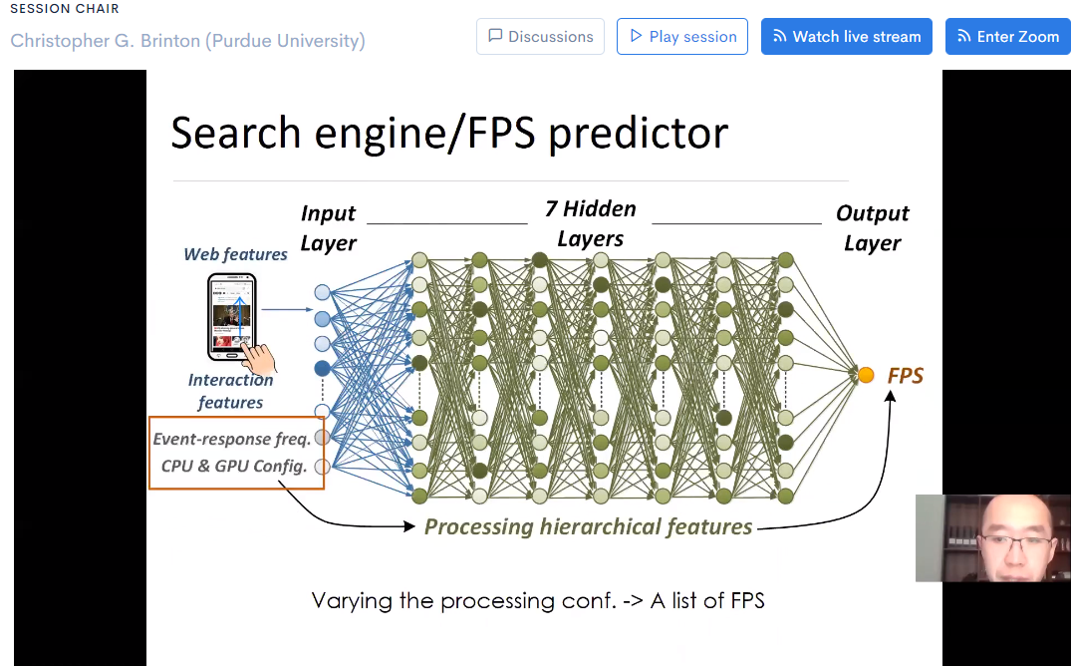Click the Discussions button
tap(540, 37)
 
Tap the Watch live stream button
tap(847, 37)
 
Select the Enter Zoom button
tap(1007, 37)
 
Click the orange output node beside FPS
tap(866, 375)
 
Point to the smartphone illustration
tap(232, 317)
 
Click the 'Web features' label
tap(235, 254)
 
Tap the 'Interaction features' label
tap(230, 391)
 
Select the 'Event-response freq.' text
tap(231, 439)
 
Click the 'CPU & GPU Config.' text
tap(233, 466)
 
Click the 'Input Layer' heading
tap(328, 228)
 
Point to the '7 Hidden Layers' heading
tap(590, 223)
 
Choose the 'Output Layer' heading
tap(872, 228)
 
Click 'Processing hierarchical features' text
tap(588, 526)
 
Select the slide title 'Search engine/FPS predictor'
tap(449, 133)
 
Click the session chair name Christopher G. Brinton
tap(187, 41)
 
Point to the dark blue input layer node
tap(322, 368)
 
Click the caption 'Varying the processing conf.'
tap(538, 600)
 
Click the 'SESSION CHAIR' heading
tap(65, 9)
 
